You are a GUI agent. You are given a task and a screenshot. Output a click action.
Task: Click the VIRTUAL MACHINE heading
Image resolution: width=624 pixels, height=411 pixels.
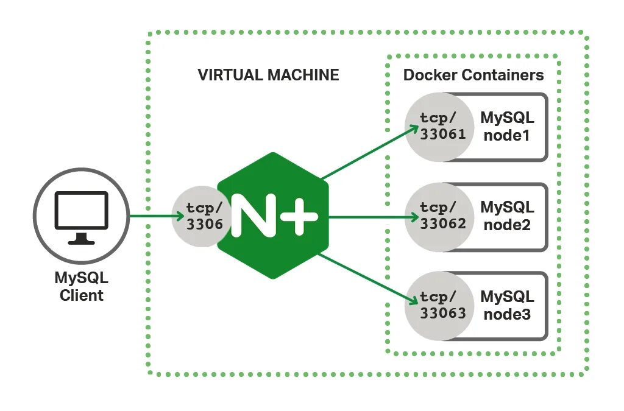tap(268, 75)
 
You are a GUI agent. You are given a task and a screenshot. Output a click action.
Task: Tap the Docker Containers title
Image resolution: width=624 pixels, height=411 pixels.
tap(473, 75)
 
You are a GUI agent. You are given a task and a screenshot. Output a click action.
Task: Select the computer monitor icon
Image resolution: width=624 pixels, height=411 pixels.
tap(82, 217)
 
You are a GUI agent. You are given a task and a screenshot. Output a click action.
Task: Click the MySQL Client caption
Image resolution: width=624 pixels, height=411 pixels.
tap(82, 286)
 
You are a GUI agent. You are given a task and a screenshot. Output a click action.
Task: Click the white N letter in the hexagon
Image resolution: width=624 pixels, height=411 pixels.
tap(253, 216)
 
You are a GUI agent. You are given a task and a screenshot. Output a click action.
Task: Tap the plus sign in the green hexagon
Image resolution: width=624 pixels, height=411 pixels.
tap(299, 217)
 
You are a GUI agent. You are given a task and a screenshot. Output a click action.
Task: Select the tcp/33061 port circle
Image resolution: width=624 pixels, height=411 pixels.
tap(439, 127)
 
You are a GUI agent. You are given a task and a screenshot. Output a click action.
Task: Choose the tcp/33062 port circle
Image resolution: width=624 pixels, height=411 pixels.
tap(439, 217)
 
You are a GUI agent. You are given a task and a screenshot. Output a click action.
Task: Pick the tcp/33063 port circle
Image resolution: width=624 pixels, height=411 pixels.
tap(439, 306)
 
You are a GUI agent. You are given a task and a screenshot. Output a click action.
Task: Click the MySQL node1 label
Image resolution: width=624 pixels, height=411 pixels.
tap(507, 127)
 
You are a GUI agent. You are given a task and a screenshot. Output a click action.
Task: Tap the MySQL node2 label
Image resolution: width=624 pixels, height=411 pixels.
tap(507, 216)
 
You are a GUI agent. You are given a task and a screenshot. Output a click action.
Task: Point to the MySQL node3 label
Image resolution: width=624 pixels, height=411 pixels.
tap(507, 305)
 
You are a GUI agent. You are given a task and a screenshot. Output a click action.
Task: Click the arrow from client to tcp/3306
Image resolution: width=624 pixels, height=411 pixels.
tap(157, 216)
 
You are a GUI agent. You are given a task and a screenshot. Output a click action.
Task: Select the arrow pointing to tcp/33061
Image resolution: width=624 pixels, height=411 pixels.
tap(370, 152)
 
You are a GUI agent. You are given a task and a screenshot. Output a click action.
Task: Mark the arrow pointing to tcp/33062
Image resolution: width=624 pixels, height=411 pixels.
tap(374, 217)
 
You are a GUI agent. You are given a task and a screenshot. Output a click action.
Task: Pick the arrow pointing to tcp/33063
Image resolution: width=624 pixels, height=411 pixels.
tap(369, 279)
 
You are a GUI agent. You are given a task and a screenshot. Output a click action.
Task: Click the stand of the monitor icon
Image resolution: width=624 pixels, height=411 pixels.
tap(81, 239)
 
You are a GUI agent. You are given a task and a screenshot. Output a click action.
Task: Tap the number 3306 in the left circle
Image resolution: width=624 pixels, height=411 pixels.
tap(205, 225)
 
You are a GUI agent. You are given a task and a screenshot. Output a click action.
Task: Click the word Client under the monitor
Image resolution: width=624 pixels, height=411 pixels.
tap(82, 295)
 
